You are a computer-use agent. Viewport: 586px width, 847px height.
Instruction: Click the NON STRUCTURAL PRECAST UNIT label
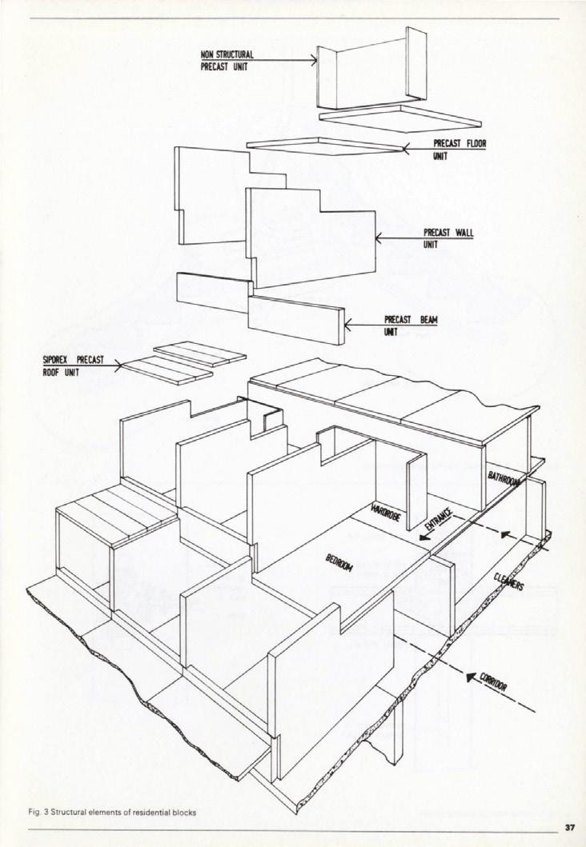[x=227, y=60]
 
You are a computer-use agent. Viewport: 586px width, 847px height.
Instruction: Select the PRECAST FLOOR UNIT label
[x=460, y=150]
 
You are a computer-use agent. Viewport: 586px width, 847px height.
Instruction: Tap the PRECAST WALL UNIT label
[x=448, y=238]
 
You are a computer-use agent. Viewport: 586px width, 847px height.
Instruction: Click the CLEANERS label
[x=508, y=582]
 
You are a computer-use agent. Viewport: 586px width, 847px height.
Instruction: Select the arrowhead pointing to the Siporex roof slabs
[x=120, y=367]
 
